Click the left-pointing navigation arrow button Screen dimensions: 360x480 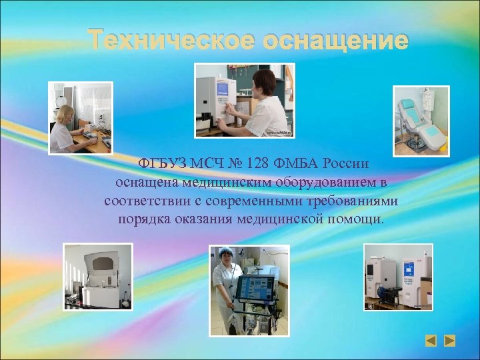click(x=431, y=341)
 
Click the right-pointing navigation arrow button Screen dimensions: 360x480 click(x=450, y=341)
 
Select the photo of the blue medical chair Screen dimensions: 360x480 click(x=421, y=121)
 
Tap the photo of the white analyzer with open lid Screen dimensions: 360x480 click(x=98, y=277)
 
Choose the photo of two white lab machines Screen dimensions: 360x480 click(x=397, y=277)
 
